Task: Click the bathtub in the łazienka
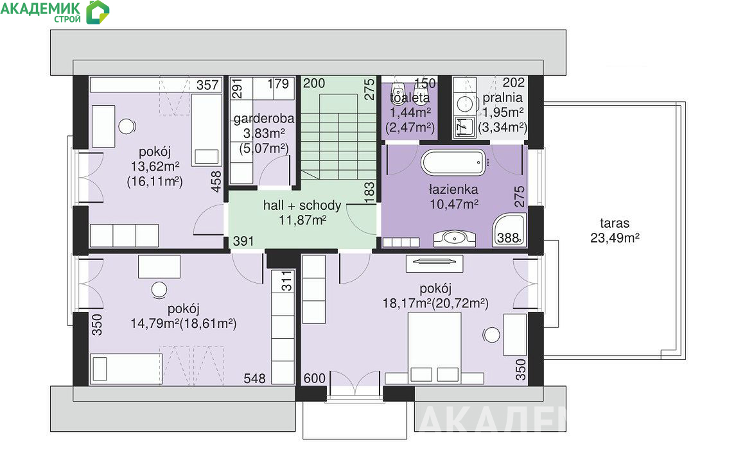pyautogui.click(x=453, y=162)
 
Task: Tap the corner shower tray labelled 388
pyautogui.click(x=509, y=230)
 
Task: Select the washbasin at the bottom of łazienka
pyautogui.click(x=454, y=238)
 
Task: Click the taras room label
pyautogui.click(x=615, y=223)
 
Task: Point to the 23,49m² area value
pyautogui.click(x=615, y=238)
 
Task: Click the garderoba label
pyautogui.click(x=264, y=119)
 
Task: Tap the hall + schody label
pyautogui.click(x=302, y=205)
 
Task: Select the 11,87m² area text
pyautogui.click(x=302, y=220)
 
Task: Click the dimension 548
pyautogui.click(x=254, y=378)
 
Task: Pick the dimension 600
pyautogui.click(x=314, y=378)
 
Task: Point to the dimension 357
pyautogui.click(x=207, y=85)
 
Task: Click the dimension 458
pyautogui.click(x=216, y=182)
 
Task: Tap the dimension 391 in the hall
pyautogui.click(x=243, y=241)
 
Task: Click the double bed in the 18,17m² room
pyautogui.click(x=435, y=348)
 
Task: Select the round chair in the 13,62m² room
pyautogui.click(x=127, y=126)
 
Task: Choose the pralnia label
pyautogui.click(x=502, y=98)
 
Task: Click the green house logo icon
pyautogui.click(x=98, y=12)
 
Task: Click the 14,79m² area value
pyautogui.click(x=154, y=323)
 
